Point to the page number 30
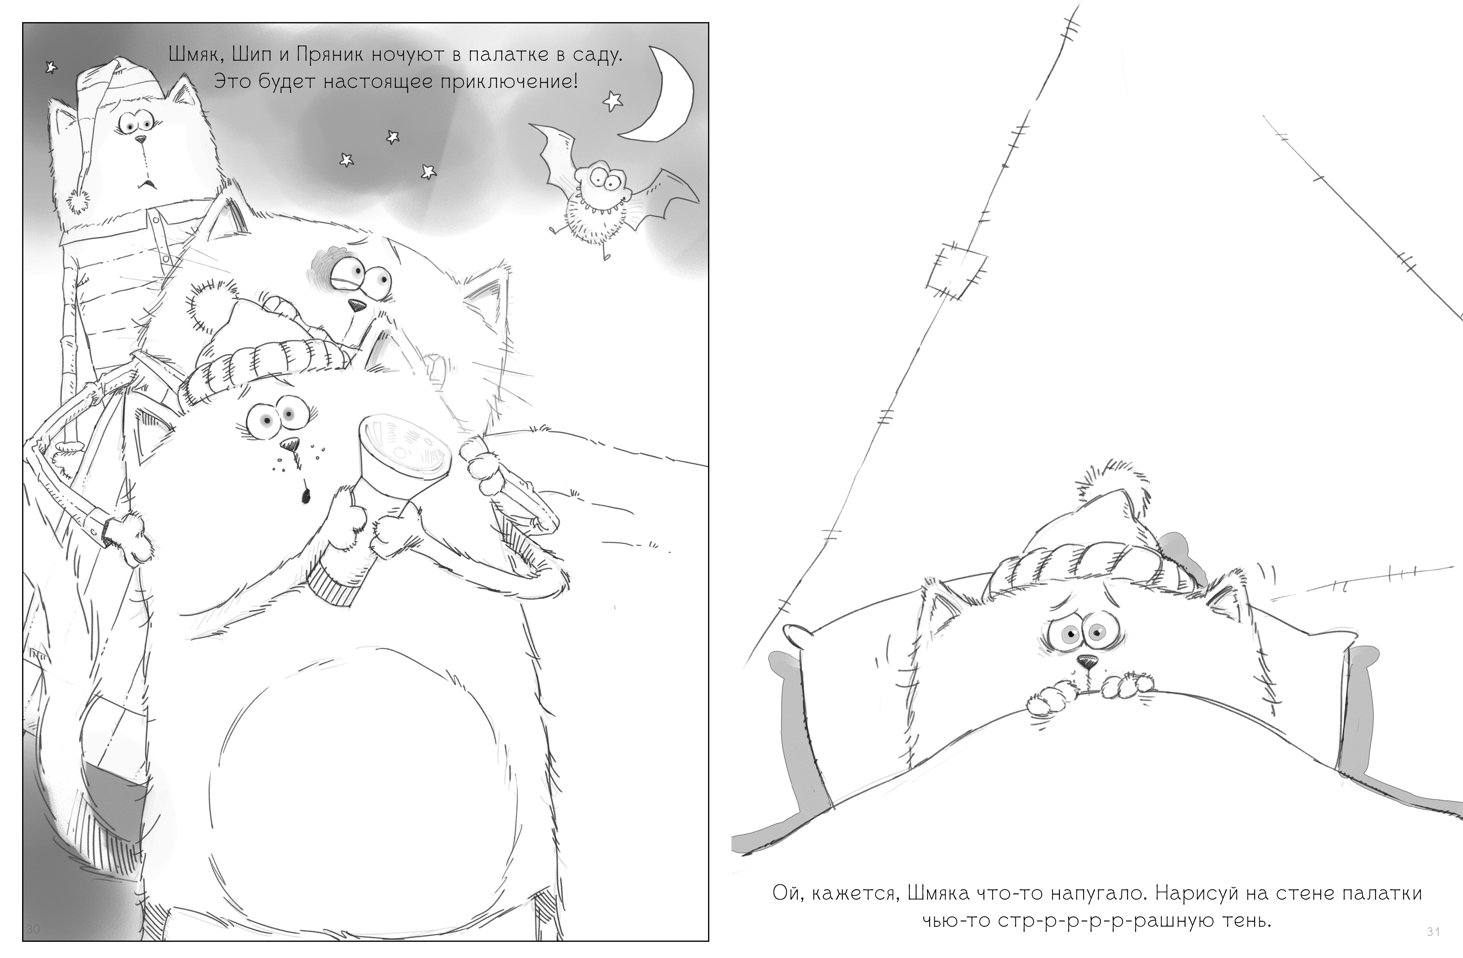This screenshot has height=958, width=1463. coord(33,929)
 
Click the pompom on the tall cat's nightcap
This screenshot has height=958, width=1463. coord(79,201)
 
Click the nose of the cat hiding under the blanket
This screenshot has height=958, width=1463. coord(1088,662)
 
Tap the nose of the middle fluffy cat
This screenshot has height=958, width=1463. coord(356,304)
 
